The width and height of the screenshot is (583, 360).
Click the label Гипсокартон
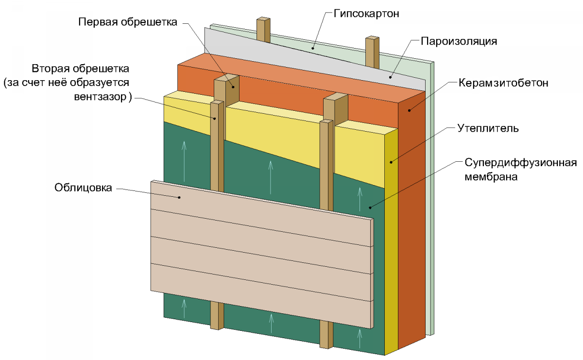[366, 14]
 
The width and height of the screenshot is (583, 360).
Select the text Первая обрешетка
[128, 22]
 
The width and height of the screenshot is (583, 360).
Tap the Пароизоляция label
[458, 41]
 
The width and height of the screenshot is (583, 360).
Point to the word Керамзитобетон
[503, 83]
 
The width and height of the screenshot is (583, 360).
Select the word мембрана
[491, 177]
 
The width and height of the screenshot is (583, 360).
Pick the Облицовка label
[83, 188]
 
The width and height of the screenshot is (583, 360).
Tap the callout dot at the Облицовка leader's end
[180, 197]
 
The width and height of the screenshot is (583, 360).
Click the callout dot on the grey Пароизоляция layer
[390, 76]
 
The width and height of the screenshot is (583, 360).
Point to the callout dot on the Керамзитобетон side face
[409, 110]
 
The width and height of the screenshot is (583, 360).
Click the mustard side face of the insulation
[391, 243]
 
